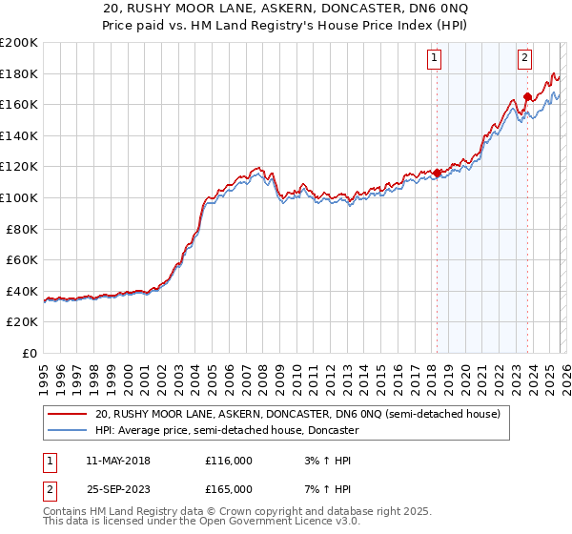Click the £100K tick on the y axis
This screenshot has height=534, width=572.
(x=19, y=197)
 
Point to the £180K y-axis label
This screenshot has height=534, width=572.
(x=19, y=73)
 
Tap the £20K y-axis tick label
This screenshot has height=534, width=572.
(x=22, y=321)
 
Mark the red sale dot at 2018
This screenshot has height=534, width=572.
(x=437, y=173)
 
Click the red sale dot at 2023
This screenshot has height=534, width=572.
(x=527, y=96)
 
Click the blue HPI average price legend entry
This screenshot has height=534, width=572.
(x=226, y=430)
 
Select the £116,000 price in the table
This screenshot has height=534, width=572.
(x=229, y=461)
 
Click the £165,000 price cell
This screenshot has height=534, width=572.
(x=229, y=488)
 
